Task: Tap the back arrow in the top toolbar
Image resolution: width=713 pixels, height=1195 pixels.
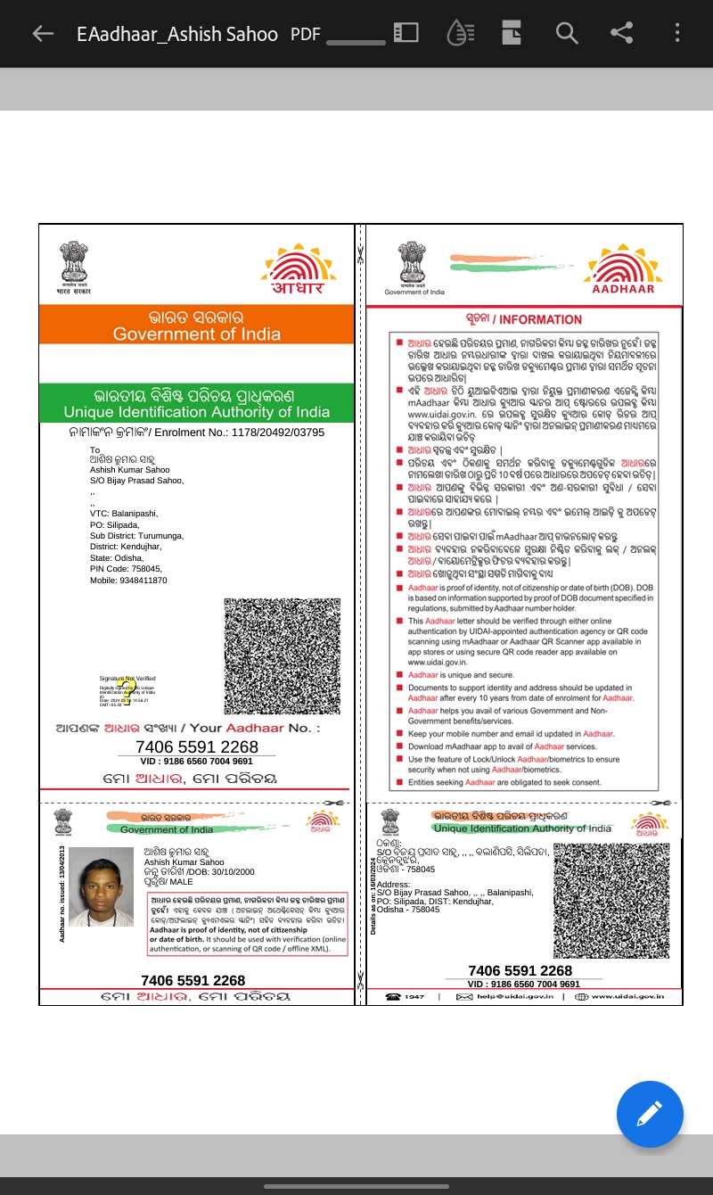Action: (43, 34)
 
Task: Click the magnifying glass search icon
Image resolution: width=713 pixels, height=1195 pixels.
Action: (567, 34)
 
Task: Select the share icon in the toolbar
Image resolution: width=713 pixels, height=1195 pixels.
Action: (621, 34)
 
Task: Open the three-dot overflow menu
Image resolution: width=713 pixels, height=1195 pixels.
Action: (677, 34)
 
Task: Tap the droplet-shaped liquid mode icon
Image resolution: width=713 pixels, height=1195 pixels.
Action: (459, 34)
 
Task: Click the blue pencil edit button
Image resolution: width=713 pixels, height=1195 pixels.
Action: (650, 1114)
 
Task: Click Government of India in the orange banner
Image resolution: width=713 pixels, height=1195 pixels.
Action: (196, 334)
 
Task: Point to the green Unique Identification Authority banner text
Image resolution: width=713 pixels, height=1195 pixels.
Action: (196, 412)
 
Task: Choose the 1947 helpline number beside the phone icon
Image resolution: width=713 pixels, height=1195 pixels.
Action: (414, 996)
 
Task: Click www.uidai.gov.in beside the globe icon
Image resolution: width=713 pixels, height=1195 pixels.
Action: (627, 996)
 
